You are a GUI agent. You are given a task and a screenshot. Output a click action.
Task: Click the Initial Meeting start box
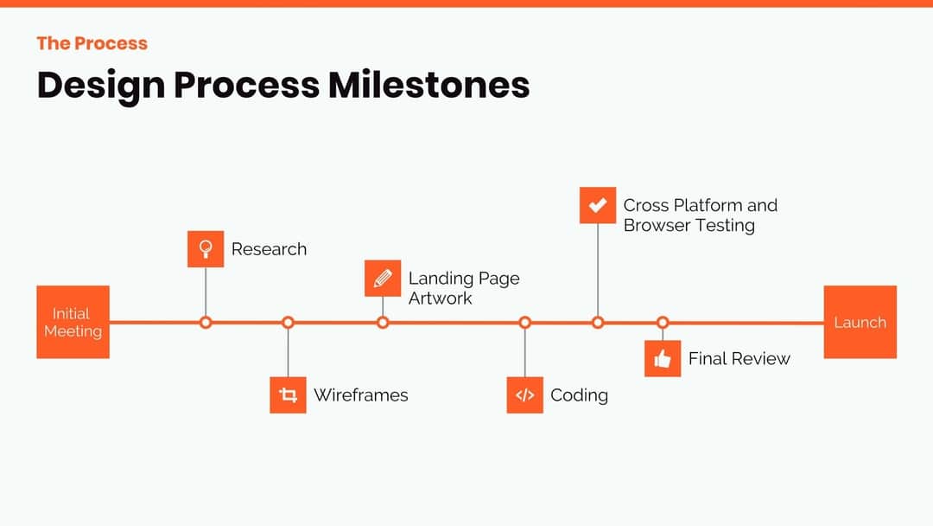[x=73, y=322]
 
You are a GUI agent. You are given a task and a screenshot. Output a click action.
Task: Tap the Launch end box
[x=860, y=322]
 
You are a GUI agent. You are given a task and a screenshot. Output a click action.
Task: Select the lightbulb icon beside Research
[x=206, y=249]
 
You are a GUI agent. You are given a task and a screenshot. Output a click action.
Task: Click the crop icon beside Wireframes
[x=288, y=395]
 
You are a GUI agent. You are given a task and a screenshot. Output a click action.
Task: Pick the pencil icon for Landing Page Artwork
[x=383, y=279]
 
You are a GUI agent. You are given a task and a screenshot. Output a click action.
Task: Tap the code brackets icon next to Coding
[x=524, y=395]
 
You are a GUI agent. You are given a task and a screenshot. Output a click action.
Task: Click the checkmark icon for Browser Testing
[x=597, y=206]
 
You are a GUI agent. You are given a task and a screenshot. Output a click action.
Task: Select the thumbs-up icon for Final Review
[x=663, y=359]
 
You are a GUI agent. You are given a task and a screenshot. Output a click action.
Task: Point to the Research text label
[x=269, y=249]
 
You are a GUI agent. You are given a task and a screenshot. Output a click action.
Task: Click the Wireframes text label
[x=360, y=395]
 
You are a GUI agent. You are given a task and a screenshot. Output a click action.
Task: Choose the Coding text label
[x=579, y=395]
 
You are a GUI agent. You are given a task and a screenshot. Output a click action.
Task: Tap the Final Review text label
[x=739, y=359]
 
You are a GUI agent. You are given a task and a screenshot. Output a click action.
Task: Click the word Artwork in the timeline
[x=440, y=298]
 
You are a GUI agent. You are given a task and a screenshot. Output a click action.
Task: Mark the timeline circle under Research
[x=206, y=323]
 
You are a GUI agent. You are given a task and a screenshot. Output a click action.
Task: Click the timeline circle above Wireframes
[x=288, y=323]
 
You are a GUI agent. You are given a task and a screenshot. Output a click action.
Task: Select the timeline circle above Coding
[x=524, y=323]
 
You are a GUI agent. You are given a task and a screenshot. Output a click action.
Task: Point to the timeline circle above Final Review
[x=663, y=323]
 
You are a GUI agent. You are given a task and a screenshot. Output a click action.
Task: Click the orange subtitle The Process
[x=92, y=43]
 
